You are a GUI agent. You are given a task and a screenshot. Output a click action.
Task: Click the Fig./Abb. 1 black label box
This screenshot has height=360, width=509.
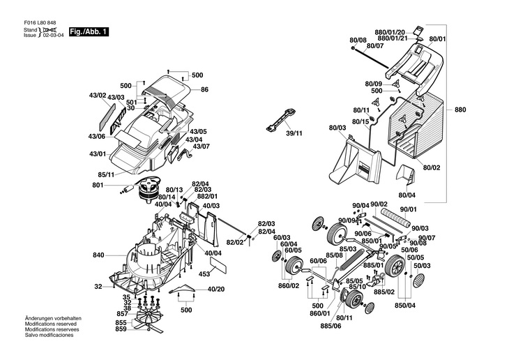(89, 33)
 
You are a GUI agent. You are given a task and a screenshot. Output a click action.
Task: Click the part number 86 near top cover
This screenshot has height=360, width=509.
(205, 90)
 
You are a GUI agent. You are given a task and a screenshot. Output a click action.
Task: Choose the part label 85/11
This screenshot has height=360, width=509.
(106, 174)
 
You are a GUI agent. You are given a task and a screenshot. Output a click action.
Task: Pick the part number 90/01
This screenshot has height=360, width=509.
(409, 209)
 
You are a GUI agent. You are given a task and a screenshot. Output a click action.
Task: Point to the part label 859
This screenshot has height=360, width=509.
(121, 329)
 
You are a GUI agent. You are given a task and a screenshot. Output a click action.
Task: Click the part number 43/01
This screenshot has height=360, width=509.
(97, 153)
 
